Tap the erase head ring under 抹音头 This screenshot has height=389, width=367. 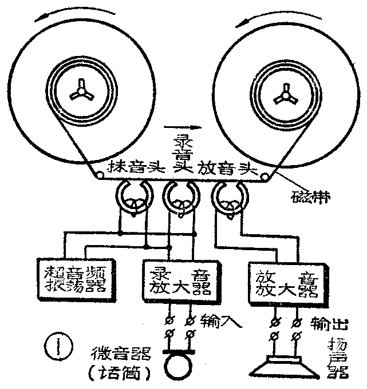point(133,198)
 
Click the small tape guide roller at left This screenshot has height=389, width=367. point(99,177)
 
